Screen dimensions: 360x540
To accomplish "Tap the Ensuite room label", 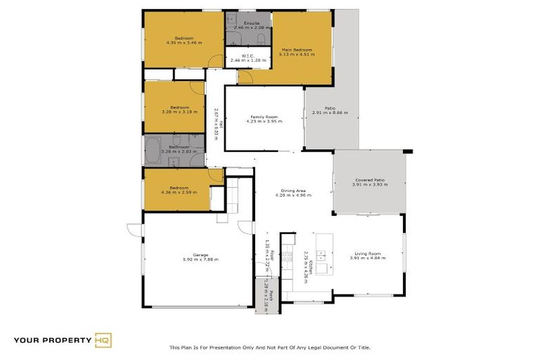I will (251, 23).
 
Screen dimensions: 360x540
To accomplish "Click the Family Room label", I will (264, 117).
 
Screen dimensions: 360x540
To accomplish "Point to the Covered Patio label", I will (369, 180).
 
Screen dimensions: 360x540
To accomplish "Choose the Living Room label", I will (367, 253).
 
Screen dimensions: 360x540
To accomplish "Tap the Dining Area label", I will (292, 191).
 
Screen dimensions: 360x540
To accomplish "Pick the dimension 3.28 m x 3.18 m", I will (175, 112).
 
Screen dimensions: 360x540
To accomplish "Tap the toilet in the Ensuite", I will (259, 39).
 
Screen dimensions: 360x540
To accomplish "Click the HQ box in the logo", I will (103, 341).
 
